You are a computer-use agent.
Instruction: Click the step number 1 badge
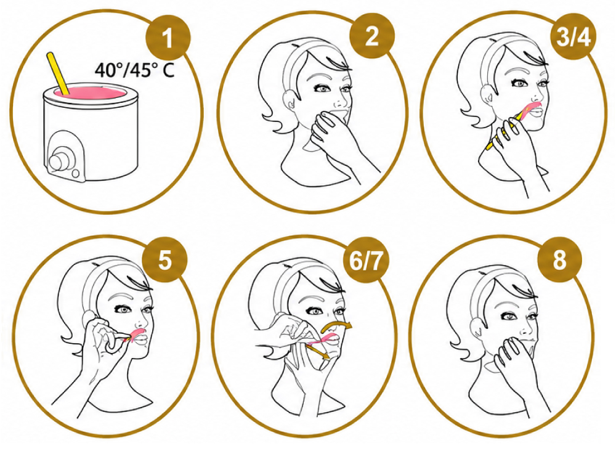coord(168,38)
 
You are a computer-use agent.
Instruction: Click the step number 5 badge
coord(164,259)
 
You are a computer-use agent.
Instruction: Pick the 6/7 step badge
coord(365,259)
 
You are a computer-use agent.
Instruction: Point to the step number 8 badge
coord(559,259)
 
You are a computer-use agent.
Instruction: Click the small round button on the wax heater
coord(76,173)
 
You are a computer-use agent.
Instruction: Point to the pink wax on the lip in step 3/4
coord(531,108)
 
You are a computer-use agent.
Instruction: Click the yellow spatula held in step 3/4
coord(500,132)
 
